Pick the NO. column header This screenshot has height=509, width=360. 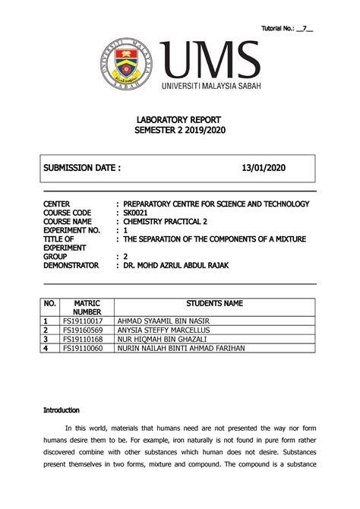50,303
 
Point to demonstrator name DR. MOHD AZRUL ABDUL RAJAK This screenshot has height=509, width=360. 189,266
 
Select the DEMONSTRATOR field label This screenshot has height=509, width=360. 71,266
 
